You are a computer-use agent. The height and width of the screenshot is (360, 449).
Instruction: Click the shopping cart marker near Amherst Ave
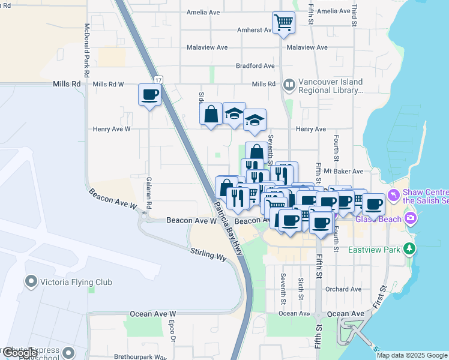pyautogui.click(x=283, y=23)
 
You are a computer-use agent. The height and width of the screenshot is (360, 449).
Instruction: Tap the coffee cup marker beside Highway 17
pyautogui.click(x=149, y=94)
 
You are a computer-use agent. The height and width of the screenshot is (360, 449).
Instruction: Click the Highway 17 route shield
pyautogui.click(x=158, y=80)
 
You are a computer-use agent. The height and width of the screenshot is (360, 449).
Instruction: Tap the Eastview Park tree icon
pyautogui.click(x=410, y=248)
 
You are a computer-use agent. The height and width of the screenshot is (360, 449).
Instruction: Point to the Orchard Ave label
pyautogui.click(x=343, y=289)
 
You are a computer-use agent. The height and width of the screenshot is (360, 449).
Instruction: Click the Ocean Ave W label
pyautogui.click(x=154, y=314)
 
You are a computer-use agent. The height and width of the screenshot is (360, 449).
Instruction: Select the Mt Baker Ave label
pyautogui.click(x=343, y=172)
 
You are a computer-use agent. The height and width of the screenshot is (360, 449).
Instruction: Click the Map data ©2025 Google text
pyautogui.click(x=412, y=355)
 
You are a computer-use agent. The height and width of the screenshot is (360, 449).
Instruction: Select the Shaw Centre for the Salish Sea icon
pyautogui.click(x=394, y=194)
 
